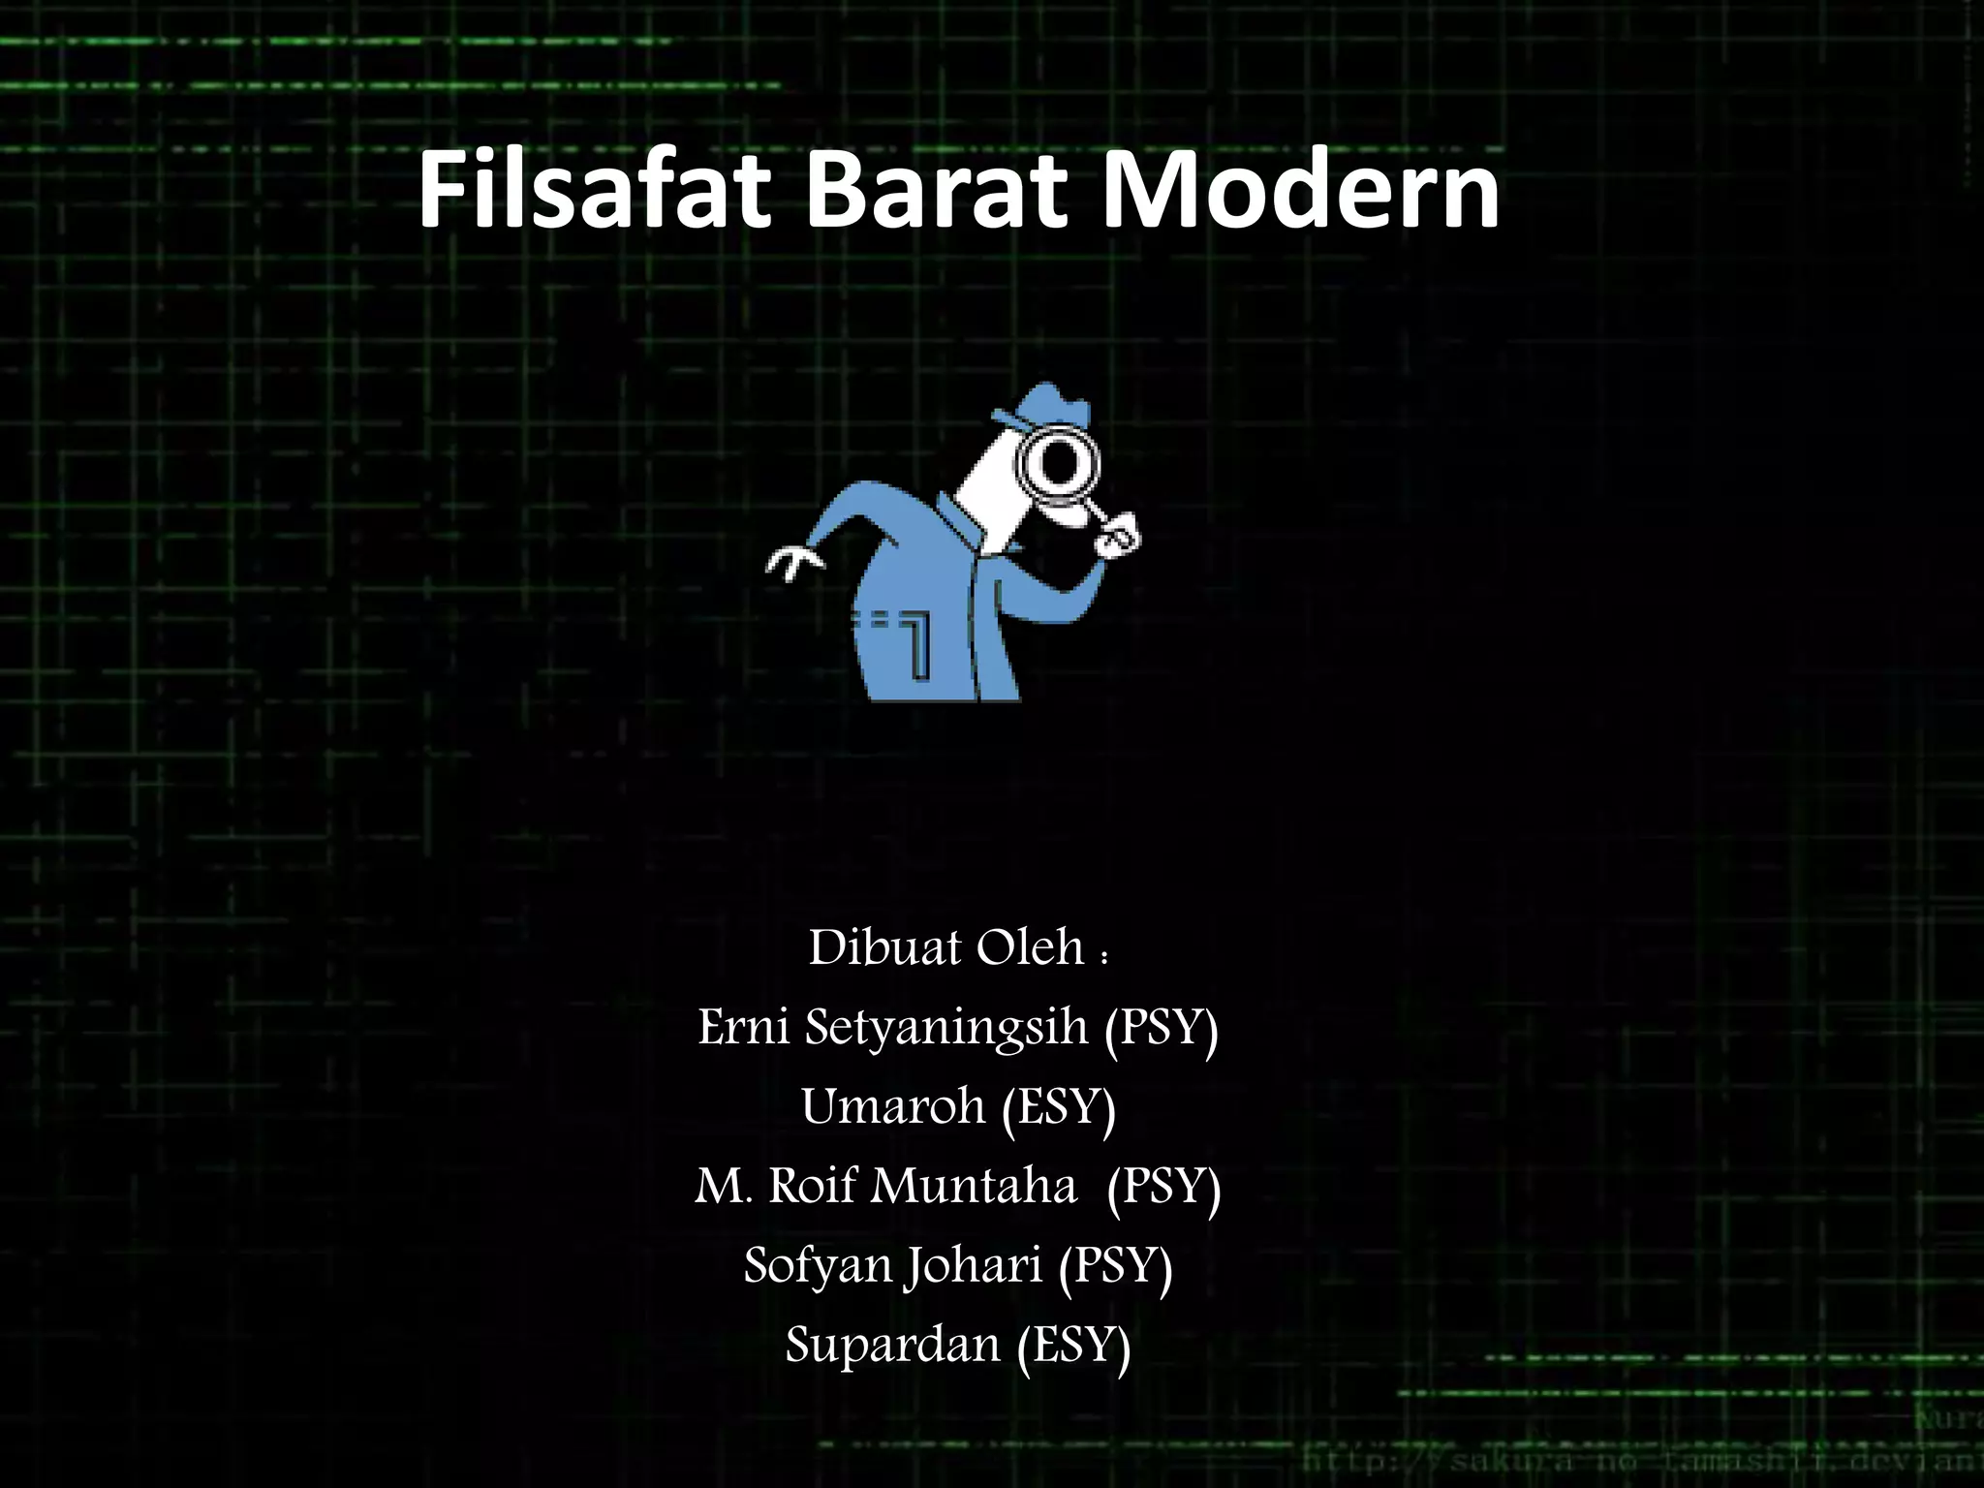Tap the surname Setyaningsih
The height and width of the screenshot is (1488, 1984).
click(946, 1029)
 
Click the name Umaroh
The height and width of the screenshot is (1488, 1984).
click(892, 1106)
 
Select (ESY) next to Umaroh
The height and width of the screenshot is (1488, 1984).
click(1059, 1108)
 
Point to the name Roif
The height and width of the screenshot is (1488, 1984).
click(813, 1185)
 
